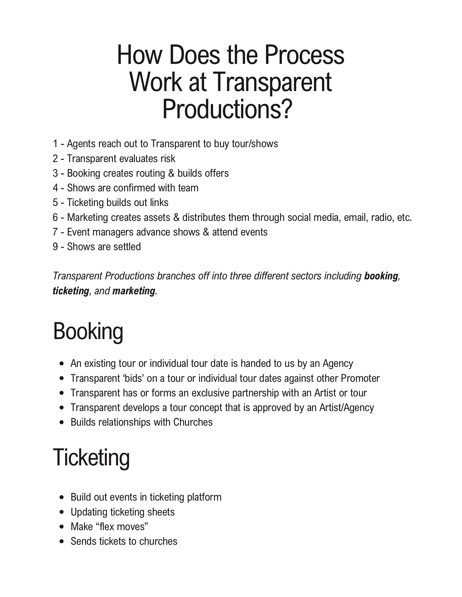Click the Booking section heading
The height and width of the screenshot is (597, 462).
[88, 332]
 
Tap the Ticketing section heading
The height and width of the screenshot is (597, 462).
[91, 458]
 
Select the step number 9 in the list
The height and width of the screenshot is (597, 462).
[55, 247]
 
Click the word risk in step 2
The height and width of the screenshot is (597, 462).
[168, 159]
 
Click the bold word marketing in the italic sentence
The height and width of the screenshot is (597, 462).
[134, 291]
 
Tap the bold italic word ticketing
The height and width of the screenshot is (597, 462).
[71, 291]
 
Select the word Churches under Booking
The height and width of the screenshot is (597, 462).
[193, 422]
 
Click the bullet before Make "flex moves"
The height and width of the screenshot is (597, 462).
[62, 527]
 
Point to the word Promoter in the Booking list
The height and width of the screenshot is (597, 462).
[360, 378]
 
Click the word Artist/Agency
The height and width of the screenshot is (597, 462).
[347, 407]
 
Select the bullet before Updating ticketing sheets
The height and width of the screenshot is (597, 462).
[62, 512]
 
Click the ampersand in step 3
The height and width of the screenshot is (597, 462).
[171, 173]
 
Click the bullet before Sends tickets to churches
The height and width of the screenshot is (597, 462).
[62, 541]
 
